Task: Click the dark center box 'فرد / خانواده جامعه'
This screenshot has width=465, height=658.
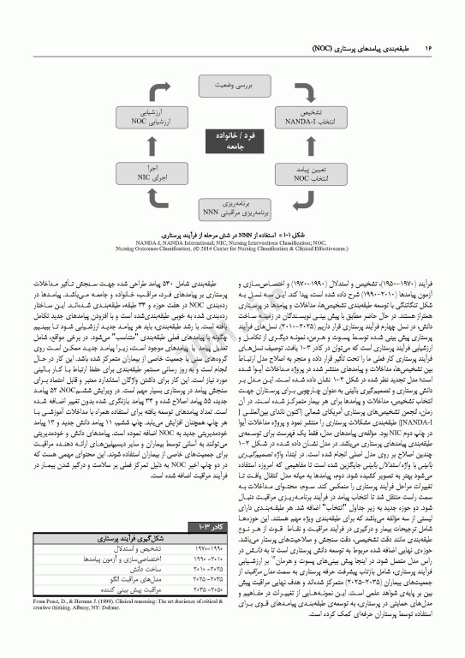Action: click(232, 140)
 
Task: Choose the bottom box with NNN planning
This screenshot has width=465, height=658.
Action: click(233, 206)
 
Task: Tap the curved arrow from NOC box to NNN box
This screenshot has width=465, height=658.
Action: click(289, 200)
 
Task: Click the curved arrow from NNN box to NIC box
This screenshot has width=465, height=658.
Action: click(177, 200)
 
